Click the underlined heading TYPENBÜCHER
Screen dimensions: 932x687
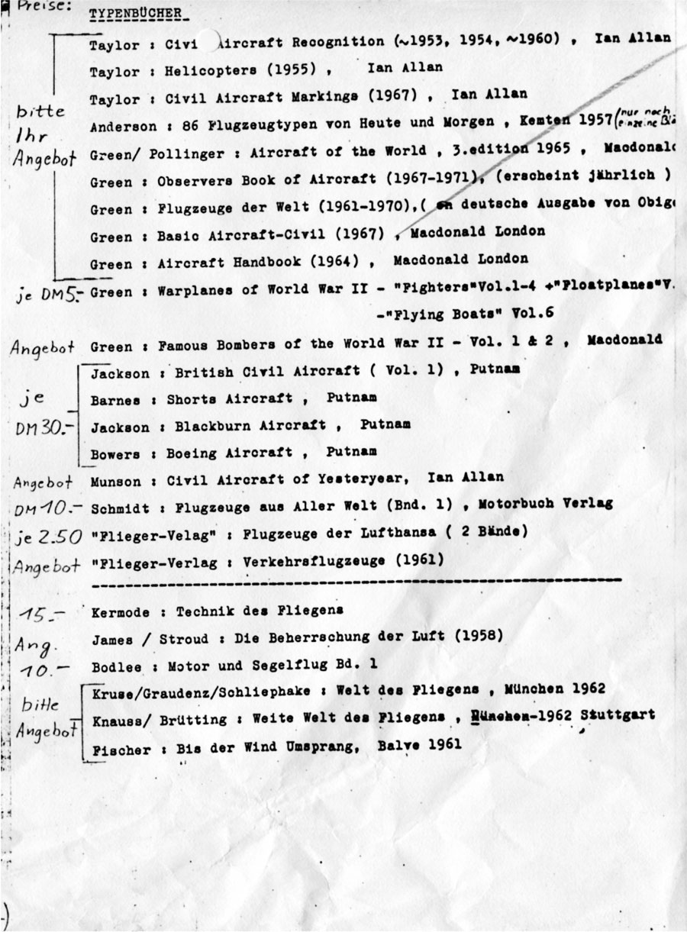[128, 15]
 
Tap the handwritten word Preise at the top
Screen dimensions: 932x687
[34, 7]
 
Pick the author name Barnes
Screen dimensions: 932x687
[111, 399]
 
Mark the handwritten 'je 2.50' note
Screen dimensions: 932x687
[48, 537]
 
